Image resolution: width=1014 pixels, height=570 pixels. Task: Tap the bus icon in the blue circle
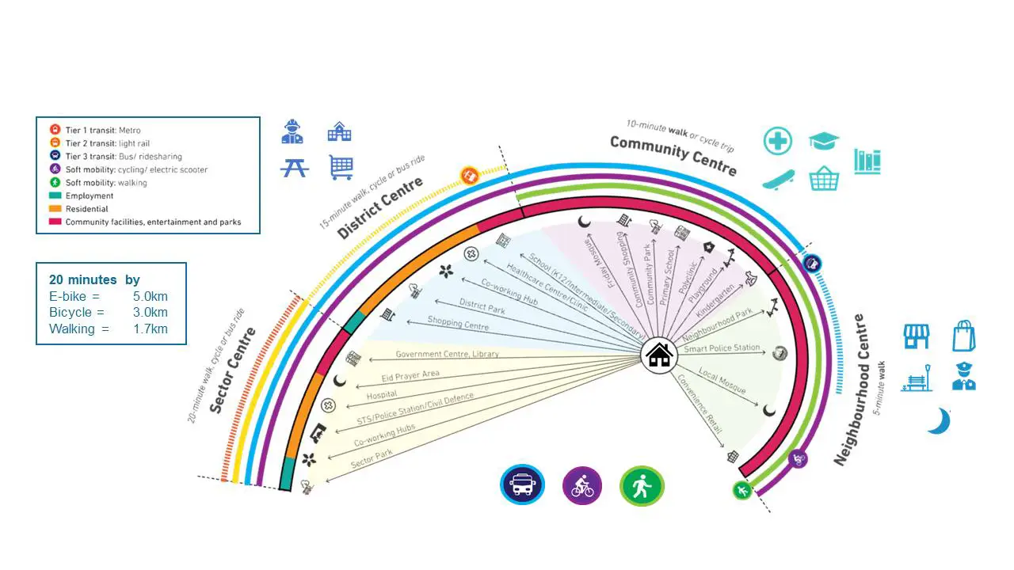(523, 484)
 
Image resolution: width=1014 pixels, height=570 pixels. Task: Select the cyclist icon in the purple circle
(582, 485)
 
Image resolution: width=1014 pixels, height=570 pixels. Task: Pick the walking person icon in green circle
(642, 485)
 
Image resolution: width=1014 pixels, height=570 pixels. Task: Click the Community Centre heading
(673, 156)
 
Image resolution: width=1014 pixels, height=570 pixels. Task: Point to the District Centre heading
(380, 209)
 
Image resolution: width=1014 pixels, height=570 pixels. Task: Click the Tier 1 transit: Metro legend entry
(103, 130)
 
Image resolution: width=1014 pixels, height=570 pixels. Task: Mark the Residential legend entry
(87, 209)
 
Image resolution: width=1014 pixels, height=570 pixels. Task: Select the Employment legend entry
(90, 196)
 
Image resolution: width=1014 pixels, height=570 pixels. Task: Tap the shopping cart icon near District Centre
(341, 167)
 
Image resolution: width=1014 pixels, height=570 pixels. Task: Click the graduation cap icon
(824, 141)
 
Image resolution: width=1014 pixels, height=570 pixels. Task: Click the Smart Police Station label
(722, 348)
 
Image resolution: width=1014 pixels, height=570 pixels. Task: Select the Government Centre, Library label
(448, 354)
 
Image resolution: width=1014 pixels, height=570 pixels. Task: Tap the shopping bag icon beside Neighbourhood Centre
(963, 336)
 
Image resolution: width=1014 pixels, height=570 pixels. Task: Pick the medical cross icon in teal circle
(778, 141)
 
